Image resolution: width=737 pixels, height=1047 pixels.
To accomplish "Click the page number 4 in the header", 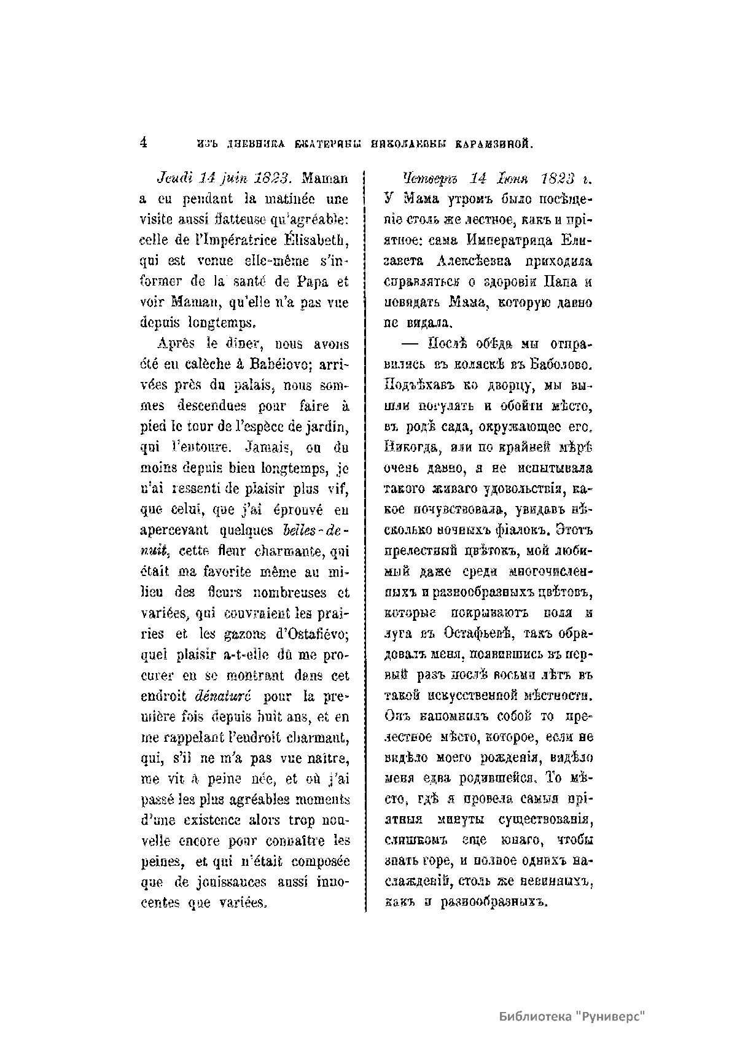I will coord(143,143).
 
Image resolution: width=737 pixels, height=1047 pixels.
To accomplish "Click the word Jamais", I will coord(267,448).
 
